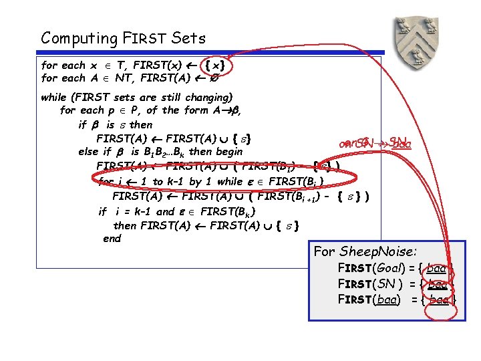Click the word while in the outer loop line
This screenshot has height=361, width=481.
(53, 97)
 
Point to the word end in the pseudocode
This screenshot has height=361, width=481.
(112, 239)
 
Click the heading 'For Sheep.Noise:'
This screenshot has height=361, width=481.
(365, 252)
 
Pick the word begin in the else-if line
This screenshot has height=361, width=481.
(228, 152)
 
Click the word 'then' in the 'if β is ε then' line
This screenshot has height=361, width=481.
(141, 124)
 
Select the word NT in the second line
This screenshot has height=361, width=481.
(124, 78)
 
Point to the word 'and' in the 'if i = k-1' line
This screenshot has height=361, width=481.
(165, 212)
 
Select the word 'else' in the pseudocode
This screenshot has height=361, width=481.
(89, 152)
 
